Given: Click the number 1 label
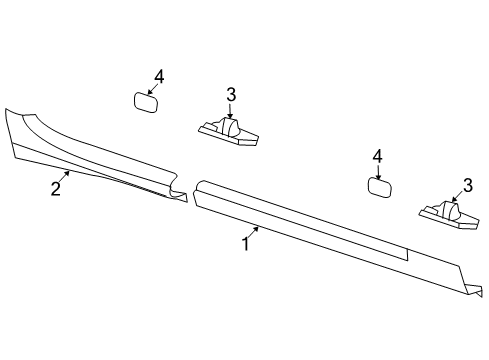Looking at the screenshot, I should pos(244,243).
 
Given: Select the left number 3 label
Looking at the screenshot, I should pos(230,95).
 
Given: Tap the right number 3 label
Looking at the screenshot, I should pos(466,184).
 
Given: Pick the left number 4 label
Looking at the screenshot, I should pos(158,77).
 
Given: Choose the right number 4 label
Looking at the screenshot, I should pos(377,156).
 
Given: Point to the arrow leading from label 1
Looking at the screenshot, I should pos(256,231).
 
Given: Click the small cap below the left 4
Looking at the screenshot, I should pos(147,101).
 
